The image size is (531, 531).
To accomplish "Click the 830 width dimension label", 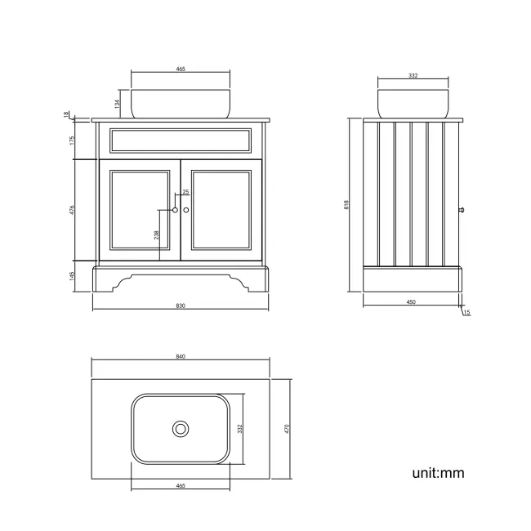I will point(181,306).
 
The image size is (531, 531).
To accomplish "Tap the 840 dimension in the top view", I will point(181,357).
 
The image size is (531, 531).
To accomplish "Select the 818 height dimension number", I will point(347,205).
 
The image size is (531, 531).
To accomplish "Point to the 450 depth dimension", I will point(412,302).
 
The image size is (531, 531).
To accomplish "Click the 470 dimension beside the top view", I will point(288,429).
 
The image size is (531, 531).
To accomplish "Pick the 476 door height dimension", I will point(74,210).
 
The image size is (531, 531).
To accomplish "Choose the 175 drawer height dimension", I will point(74,140).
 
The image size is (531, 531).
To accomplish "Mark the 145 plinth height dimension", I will point(74,276).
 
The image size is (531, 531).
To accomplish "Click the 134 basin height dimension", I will point(118,103).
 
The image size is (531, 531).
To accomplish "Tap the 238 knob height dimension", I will point(157,234).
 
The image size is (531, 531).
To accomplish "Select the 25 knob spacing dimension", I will point(185,192).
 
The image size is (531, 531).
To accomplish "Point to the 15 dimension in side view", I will point(466,312).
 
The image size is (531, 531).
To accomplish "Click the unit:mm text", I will point(438,472).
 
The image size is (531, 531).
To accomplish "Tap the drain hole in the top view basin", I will point(181,428).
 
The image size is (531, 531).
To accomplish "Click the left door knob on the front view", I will point(175,210).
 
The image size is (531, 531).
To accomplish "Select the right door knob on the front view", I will point(186,210).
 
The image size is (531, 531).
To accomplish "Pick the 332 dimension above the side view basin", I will point(413,75).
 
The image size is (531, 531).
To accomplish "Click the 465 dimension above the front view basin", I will point(181,69).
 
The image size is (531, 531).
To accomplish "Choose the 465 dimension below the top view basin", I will point(181,485).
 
